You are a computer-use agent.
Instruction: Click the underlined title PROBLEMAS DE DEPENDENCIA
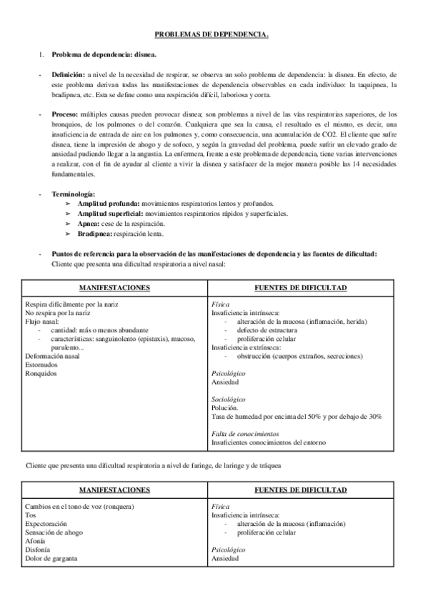(x=212, y=34)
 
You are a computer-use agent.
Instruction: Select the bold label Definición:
(x=68, y=74)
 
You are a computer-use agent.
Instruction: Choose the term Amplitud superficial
(x=111, y=214)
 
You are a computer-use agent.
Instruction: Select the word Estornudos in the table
(x=41, y=364)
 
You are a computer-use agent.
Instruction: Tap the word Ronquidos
(x=40, y=372)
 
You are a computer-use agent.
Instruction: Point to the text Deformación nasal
(x=52, y=355)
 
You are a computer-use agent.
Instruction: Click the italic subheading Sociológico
(x=229, y=399)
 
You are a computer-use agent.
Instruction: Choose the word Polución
(x=226, y=407)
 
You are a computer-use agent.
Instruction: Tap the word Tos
(x=30, y=515)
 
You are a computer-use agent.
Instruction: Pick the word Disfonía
(x=37, y=550)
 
